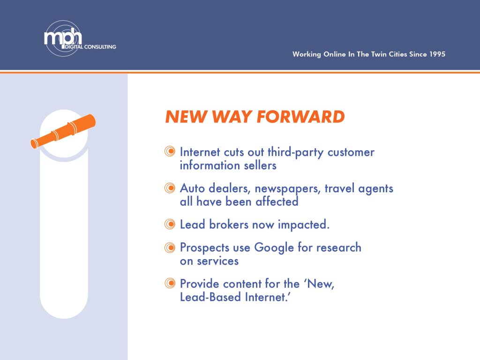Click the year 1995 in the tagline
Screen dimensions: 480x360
tap(437, 54)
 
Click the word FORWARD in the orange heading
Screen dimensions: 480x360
tap(300, 117)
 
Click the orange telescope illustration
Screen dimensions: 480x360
tap(63, 131)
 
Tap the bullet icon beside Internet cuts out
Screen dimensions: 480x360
tap(170, 151)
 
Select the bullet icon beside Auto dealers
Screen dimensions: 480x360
tap(170, 187)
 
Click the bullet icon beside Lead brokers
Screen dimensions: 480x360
tap(170, 224)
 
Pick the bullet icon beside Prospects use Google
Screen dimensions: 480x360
tap(170, 247)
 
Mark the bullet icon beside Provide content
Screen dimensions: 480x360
tap(170, 283)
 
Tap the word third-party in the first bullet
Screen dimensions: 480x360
tap(295, 152)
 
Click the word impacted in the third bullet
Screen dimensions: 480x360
tap(304, 225)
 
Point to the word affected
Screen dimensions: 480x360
tap(277, 202)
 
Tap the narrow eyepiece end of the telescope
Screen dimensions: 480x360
tap(34, 143)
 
